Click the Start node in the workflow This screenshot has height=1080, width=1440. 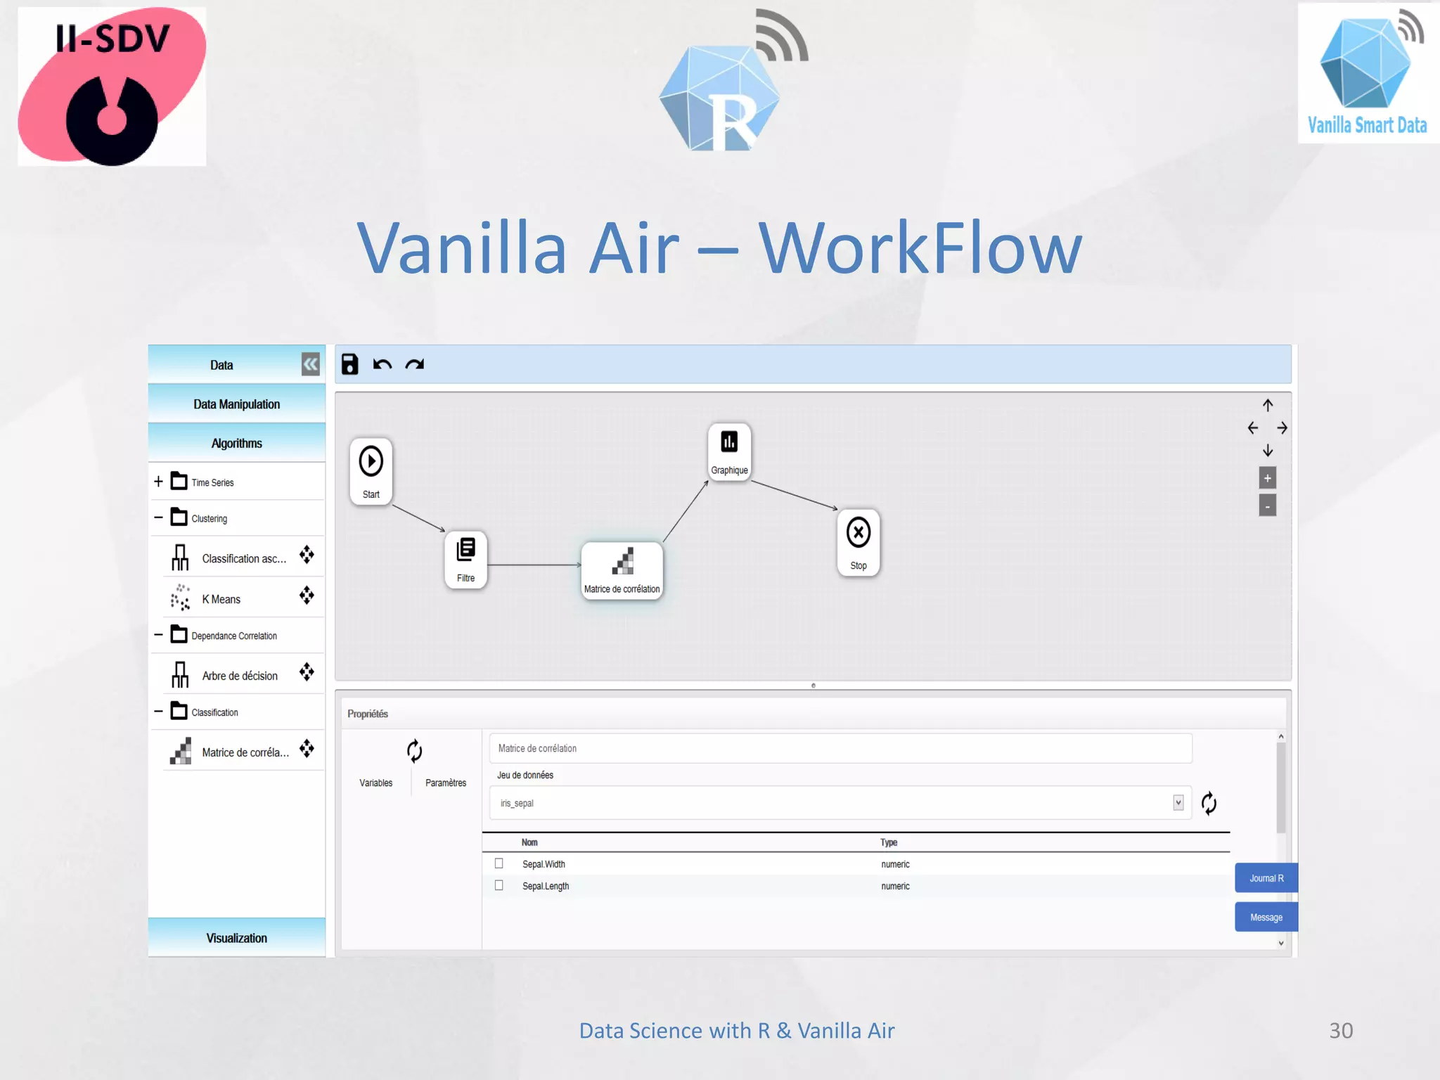pos(371,470)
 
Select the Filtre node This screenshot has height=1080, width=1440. pos(465,558)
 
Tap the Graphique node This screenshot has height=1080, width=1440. pos(729,451)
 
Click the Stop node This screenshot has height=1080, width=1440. pos(858,541)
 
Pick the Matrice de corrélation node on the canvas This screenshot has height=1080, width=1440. pos(622,570)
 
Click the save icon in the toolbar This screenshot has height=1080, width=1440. pos(349,364)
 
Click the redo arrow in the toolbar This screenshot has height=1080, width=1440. pos(415,364)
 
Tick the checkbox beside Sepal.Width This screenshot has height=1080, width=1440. pos(499,863)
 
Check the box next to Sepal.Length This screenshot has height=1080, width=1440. pos(499,885)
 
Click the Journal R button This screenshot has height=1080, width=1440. pos(1266,878)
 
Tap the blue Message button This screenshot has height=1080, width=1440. pos(1266,917)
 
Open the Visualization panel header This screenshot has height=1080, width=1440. pos(236,938)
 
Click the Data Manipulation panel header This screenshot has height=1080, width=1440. pos(236,404)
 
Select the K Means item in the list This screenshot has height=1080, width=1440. pos(221,599)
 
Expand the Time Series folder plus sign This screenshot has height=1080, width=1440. pos(158,482)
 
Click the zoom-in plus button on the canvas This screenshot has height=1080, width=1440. pos(1267,478)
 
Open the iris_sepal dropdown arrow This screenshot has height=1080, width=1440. pos(1178,803)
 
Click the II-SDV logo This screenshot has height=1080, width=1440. pos(112,86)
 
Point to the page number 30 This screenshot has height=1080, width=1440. pos(1340,1030)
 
